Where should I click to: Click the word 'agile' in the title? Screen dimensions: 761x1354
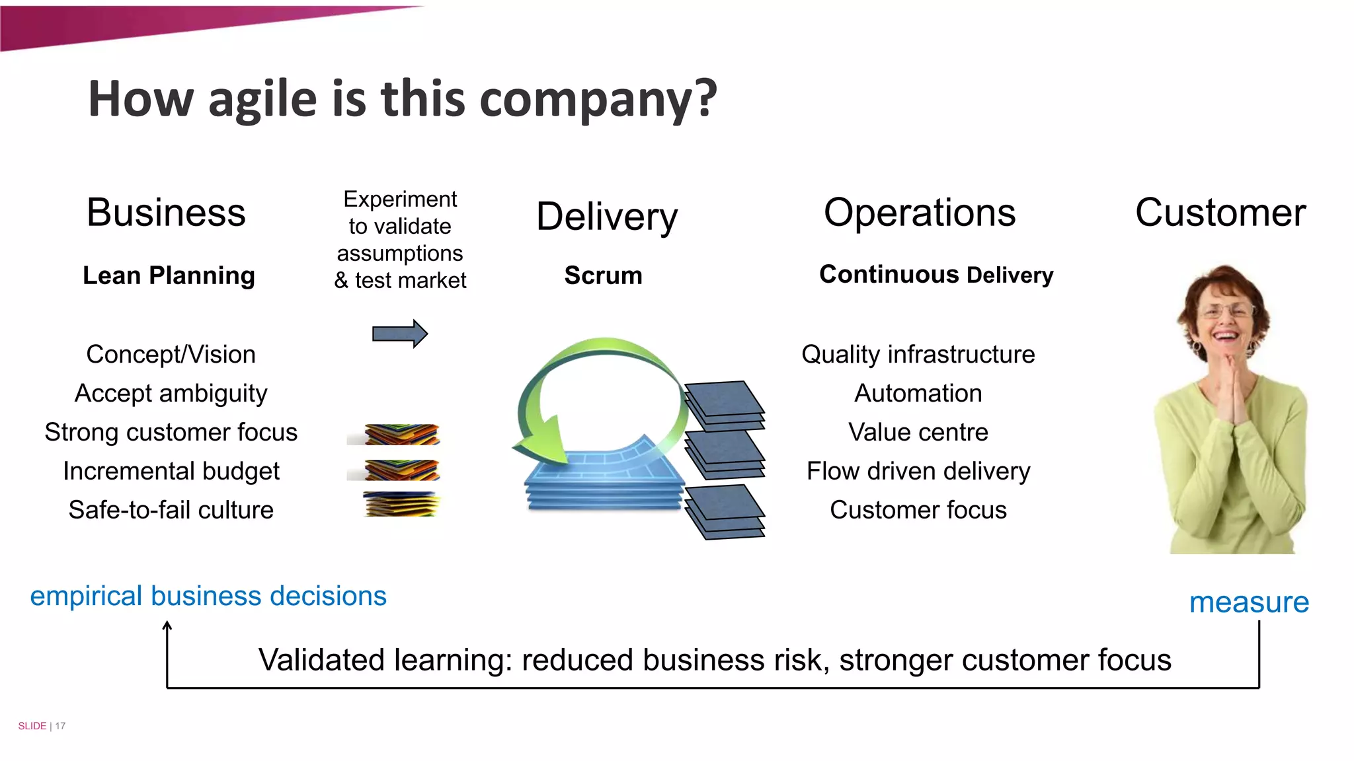coord(262,99)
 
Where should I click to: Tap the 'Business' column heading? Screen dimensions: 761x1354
coord(166,213)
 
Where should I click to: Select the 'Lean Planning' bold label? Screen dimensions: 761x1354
coord(169,275)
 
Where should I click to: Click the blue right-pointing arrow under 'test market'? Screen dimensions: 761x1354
coord(399,334)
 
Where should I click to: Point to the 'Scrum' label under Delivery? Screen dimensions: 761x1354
coord(603,275)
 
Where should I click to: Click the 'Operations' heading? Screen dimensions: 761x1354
coord(919,213)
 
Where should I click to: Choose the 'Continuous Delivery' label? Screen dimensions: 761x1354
coord(936,275)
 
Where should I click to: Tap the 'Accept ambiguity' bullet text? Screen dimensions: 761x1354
coord(171,394)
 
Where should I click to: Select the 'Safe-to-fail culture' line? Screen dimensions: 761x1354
coord(171,510)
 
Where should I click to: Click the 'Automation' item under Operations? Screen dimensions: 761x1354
coord(918,394)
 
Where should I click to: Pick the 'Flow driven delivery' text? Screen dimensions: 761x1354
coord(918,472)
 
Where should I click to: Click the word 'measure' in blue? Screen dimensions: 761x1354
coord(1248,602)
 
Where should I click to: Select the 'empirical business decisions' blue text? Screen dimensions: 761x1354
coord(208,596)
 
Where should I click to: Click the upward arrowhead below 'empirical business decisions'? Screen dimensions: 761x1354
coord(167,626)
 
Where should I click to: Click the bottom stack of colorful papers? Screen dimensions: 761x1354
coord(401,504)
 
